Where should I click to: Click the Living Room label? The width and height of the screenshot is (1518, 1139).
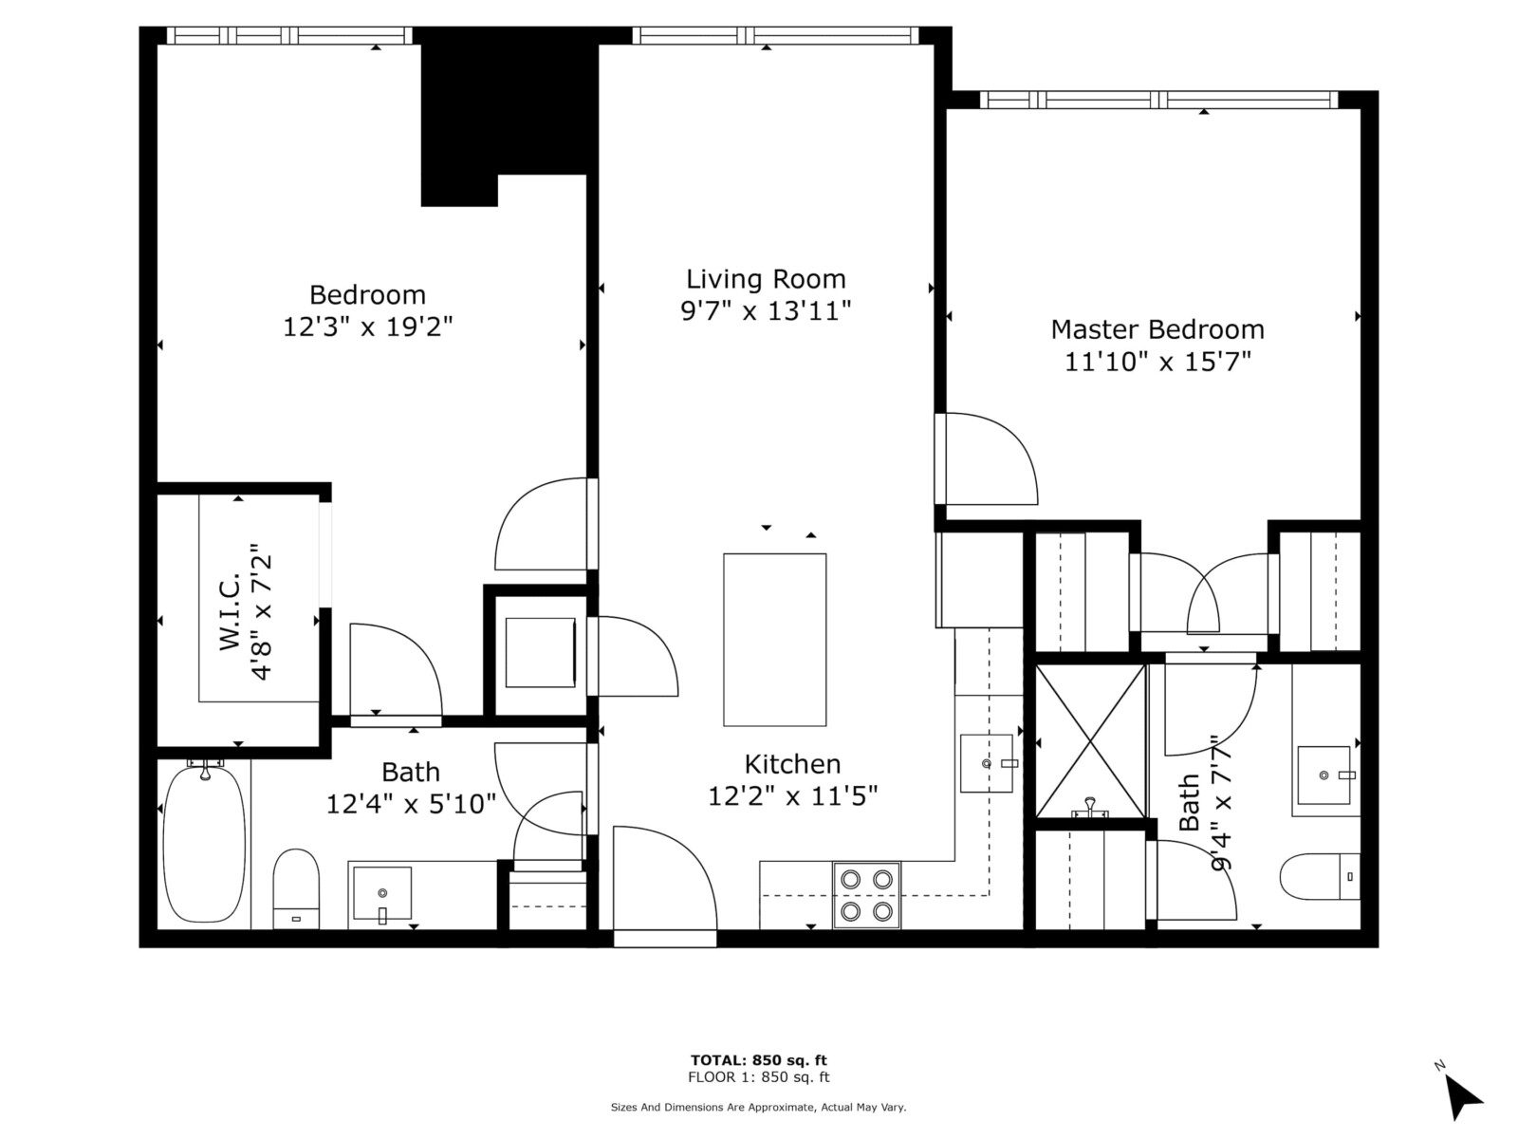pos(766,279)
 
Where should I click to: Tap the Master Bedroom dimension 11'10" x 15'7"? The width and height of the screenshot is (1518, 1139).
pos(1157,362)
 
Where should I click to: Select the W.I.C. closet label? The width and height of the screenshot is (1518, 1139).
pos(231,610)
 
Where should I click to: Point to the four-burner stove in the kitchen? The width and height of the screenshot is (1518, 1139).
pos(866,894)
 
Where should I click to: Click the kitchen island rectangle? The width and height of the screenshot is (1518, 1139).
pos(774,640)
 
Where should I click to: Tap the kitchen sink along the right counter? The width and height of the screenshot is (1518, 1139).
pos(987,763)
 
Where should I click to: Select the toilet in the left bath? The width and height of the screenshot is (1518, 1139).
pos(296,888)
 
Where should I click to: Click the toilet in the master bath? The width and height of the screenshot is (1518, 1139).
pos(1321,876)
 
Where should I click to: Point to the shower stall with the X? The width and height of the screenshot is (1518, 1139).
pos(1090,740)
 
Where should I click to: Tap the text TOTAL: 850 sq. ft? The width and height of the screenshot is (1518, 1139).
pos(759,1060)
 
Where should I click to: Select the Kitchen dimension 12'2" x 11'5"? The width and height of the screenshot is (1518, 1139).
pos(792,796)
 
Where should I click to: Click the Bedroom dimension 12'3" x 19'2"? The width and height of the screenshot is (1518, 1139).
pos(368,327)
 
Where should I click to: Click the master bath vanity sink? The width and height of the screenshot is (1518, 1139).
pos(1324,775)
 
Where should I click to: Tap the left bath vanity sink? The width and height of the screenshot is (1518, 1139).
pos(382,893)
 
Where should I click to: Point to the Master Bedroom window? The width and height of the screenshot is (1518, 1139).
pos(1159,100)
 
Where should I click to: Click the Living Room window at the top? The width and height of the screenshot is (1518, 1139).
pos(775,35)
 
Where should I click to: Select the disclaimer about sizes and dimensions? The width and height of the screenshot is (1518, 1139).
pos(758,1107)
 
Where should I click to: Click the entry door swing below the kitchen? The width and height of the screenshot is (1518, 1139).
pos(665,878)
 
